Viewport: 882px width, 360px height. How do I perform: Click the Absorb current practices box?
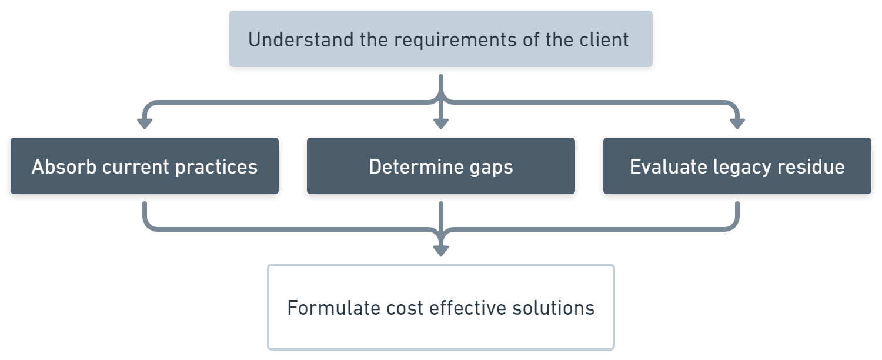[145, 166]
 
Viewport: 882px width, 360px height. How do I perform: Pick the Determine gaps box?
[440, 166]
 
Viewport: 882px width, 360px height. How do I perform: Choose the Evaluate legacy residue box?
[737, 166]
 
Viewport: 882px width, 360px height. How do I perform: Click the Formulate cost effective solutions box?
[440, 307]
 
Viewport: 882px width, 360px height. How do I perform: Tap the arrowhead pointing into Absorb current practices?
[144, 124]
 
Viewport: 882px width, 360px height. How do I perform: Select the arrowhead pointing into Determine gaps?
[440, 124]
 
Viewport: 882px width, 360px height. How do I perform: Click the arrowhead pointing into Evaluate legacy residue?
[737, 124]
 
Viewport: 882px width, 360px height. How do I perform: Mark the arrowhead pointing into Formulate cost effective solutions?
[440, 251]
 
